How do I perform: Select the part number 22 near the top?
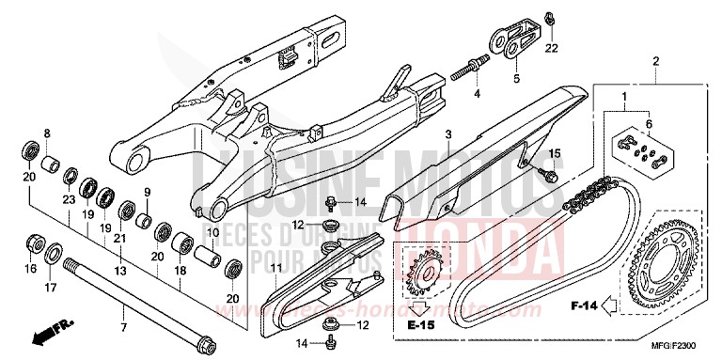point(552,48)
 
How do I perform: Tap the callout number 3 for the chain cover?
point(449,135)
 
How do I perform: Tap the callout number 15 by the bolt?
point(554,153)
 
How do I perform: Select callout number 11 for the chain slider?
point(276,270)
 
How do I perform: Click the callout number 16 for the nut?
point(31,268)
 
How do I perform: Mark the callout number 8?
point(46,134)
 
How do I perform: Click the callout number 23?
point(69,199)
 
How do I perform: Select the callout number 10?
point(213,232)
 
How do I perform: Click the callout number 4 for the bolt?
point(477,95)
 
